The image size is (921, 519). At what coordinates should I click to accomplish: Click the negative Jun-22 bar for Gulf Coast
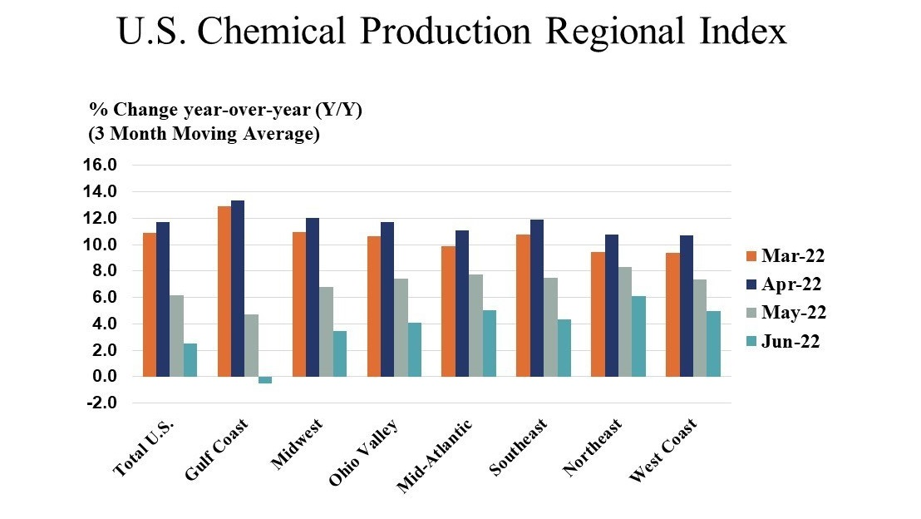click(265, 380)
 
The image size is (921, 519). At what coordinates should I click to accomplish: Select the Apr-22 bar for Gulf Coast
click(238, 289)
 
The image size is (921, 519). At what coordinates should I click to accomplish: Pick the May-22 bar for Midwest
click(326, 332)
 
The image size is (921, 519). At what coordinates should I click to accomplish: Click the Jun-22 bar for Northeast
click(638, 336)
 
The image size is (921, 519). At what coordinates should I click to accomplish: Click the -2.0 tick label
click(101, 403)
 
